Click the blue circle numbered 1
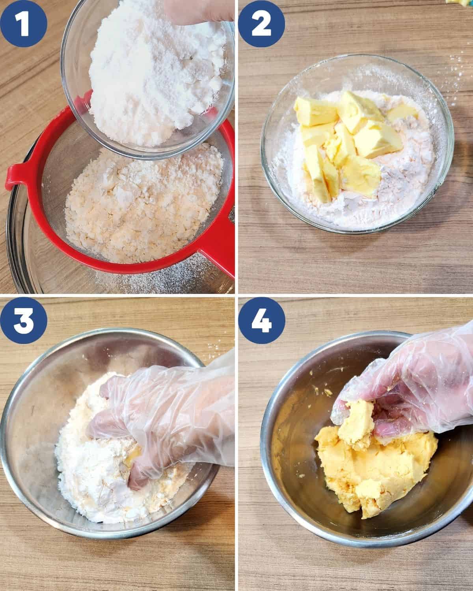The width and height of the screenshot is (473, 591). point(24,24)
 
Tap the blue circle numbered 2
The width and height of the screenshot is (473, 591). point(261,24)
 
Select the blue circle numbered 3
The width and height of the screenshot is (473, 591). point(24,320)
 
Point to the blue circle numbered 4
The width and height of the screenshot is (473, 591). point(261,320)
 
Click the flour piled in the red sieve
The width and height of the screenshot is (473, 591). point(143,203)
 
